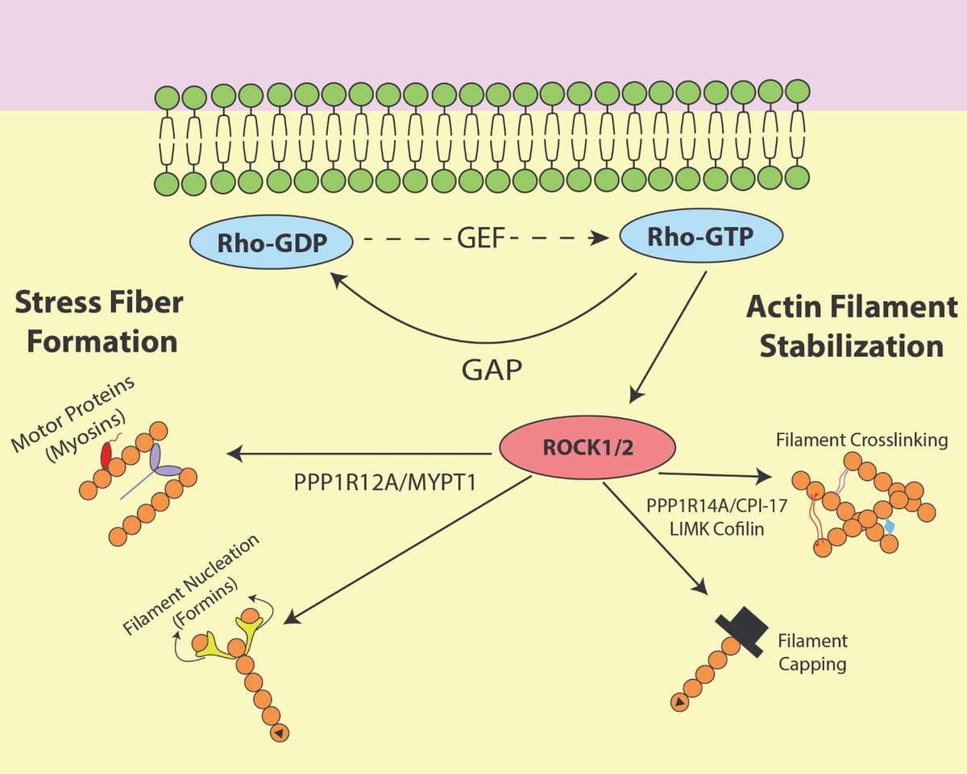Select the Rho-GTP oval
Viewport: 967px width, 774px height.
click(x=700, y=238)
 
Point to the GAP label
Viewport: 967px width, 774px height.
click(x=492, y=370)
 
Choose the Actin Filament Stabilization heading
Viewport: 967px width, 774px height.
click(x=851, y=326)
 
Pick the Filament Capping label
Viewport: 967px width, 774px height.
click(x=812, y=652)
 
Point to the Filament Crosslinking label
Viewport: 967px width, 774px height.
click(x=861, y=441)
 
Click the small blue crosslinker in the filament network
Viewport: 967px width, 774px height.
click(x=890, y=526)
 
